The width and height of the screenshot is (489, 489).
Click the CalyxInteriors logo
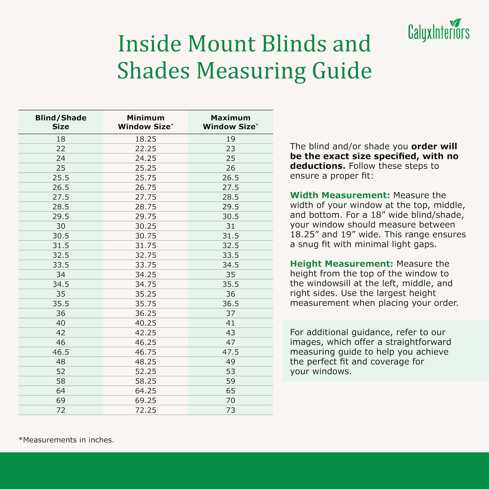[439, 31]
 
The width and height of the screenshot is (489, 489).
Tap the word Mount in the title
[222, 44]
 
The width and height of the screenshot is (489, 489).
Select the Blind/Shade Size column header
[61, 122]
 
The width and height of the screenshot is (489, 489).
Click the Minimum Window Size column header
[145, 122]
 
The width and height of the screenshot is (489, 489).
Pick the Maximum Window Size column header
[230, 122]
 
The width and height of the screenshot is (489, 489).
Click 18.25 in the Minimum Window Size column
[145, 139]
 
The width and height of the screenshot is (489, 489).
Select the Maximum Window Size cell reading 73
[230, 410]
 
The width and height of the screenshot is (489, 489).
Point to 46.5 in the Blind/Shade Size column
[61, 352]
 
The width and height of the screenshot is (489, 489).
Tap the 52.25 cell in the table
[145, 371]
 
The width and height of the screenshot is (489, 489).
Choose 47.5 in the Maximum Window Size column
[230, 352]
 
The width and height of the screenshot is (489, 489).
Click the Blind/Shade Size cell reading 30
[61, 226]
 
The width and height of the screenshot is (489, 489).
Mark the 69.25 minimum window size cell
[145, 400]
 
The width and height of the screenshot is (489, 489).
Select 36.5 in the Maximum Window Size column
[230, 304]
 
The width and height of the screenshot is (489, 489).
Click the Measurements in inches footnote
[67, 440]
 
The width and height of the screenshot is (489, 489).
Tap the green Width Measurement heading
[340, 195]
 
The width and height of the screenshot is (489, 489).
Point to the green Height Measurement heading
[341, 264]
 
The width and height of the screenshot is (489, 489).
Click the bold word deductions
[318, 166]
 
